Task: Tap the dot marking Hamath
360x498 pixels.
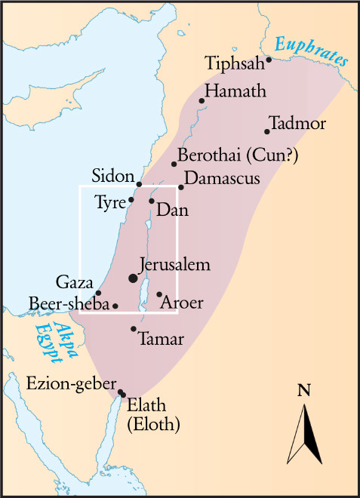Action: pyautogui.click(x=202, y=100)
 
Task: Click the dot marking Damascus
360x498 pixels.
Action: pyautogui.click(x=181, y=187)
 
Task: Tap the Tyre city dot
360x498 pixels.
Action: pyautogui.click(x=131, y=200)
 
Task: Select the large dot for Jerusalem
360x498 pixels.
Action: pyautogui.click(x=134, y=278)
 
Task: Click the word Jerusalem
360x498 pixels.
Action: pyautogui.click(x=175, y=266)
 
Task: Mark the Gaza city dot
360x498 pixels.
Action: pyautogui.click(x=99, y=293)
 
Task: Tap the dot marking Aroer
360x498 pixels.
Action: pyautogui.click(x=159, y=294)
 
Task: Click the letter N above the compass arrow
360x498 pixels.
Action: pyautogui.click(x=304, y=390)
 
